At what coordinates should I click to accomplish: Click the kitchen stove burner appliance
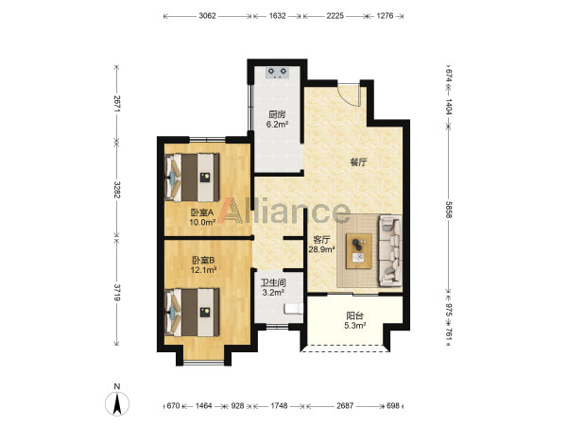[x=278, y=73]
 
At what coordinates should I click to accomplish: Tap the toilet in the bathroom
[x=294, y=309]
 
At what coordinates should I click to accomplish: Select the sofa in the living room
[x=390, y=250]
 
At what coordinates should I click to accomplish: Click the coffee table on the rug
[x=359, y=251]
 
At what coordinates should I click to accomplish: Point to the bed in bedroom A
[x=193, y=178]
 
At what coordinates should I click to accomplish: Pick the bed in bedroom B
[x=193, y=313]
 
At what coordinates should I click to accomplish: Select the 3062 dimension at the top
[x=207, y=16]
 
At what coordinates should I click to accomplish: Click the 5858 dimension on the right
[x=448, y=210]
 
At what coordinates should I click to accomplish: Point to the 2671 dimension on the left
[x=116, y=104]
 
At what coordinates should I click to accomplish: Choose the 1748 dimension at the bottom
[x=279, y=406]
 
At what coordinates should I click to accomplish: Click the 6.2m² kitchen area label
[x=277, y=125]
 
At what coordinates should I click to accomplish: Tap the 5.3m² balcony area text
[x=355, y=326]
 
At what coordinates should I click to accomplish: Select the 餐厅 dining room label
[x=358, y=162]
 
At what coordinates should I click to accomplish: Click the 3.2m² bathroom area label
[x=273, y=293]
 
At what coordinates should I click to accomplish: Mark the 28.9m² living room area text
[x=321, y=249]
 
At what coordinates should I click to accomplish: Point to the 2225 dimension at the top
[x=335, y=16]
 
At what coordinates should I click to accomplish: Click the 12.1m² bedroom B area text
[x=203, y=269]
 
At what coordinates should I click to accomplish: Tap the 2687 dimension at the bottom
[x=345, y=406]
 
